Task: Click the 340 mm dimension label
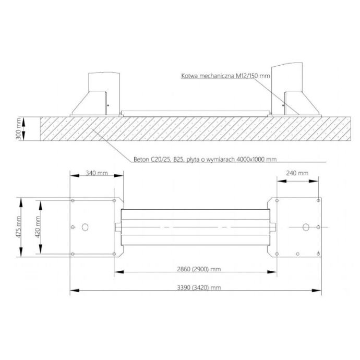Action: pyautogui.click(x=97, y=173)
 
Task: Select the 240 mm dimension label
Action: pyautogui.click(x=297, y=173)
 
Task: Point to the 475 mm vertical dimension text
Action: pyautogui.click(x=18, y=227)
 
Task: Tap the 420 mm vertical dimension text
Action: pyautogui.click(x=38, y=227)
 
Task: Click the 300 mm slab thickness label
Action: pyautogui.click(x=18, y=128)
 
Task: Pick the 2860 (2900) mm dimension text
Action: pyautogui.click(x=199, y=269)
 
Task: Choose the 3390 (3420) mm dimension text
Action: pyautogui.click(x=199, y=287)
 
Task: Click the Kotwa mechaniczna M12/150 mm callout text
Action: pyautogui.click(x=225, y=76)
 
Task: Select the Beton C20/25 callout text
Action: pyautogui.click(x=205, y=159)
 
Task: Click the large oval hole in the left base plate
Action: pyautogui.click(x=85, y=227)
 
